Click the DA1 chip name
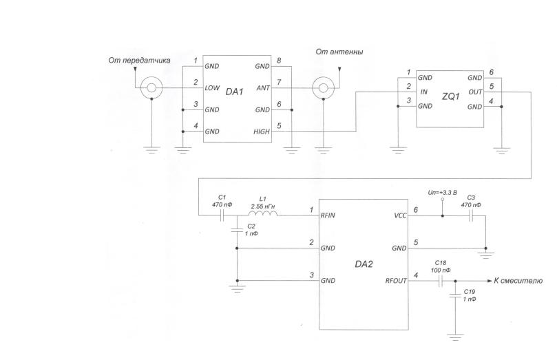[x=235, y=92]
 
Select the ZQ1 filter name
[x=450, y=96]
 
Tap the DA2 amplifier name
[x=364, y=264]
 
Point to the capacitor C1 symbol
[x=222, y=215]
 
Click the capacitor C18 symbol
[x=441, y=281]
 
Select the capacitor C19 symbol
[x=456, y=295]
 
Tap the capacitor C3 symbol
[x=472, y=215]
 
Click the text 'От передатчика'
[x=139, y=61]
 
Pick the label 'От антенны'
[x=339, y=52]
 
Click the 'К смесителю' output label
[x=518, y=280]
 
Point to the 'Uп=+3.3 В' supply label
[x=442, y=193]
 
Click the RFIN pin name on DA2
[x=328, y=215]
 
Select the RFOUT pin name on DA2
[x=396, y=281]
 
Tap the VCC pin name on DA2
[x=400, y=215]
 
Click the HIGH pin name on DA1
[x=262, y=131]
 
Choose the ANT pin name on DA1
[x=263, y=88]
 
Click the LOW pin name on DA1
[x=212, y=87]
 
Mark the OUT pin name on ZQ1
[x=475, y=92]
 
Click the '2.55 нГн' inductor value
[x=263, y=207]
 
